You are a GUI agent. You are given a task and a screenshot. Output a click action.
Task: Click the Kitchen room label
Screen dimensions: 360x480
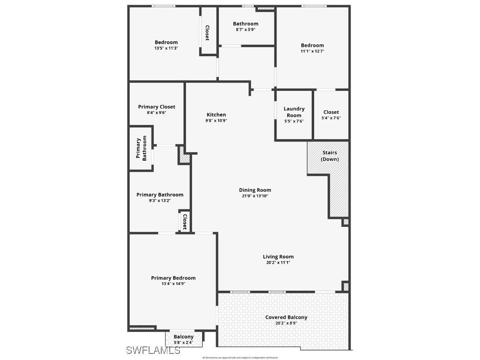[x=216, y=114]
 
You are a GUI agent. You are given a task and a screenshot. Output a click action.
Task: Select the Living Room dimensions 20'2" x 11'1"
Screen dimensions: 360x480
[x=278, y=262]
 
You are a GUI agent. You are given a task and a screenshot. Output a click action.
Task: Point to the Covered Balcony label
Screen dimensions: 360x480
[x=286, y=317]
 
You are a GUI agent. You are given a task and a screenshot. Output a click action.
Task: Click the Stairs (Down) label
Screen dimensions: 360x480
[x=330, y=156]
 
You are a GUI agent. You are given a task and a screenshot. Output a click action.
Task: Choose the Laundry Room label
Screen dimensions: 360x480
[x=294, y=112]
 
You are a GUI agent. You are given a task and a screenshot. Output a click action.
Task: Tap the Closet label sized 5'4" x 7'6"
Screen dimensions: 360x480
[x=331, y=112]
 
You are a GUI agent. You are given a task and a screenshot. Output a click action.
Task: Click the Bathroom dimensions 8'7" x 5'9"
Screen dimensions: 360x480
[x=246, y=30]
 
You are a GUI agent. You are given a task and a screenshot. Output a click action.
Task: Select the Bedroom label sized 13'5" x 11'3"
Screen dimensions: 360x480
[x=166, y=42]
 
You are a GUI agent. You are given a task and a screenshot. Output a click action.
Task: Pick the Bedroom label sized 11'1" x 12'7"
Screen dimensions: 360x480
[x=312, y=45]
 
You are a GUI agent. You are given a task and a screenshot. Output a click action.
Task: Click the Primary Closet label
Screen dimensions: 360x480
[x=157, y=107]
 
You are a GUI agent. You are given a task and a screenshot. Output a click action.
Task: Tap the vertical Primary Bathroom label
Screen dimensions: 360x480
[x=142, y=149]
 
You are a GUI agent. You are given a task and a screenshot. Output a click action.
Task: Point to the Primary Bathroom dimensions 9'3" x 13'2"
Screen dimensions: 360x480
[x=160, y=201]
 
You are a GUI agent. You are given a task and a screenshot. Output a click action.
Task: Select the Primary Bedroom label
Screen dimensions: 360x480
[x=173, y=278]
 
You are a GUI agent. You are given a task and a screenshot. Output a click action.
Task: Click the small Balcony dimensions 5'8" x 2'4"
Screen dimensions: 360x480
[x=184, y=343]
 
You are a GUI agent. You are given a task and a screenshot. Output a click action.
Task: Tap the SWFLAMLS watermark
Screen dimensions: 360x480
[x=153, y=350]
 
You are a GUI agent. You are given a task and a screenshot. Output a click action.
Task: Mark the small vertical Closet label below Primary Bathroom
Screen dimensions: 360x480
[x=185, y=221]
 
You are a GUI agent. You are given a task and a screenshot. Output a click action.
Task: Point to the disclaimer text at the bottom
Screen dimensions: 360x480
[x=240, y=358]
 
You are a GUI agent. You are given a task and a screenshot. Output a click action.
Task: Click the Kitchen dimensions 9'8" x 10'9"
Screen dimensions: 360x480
[x=216, y=120]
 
